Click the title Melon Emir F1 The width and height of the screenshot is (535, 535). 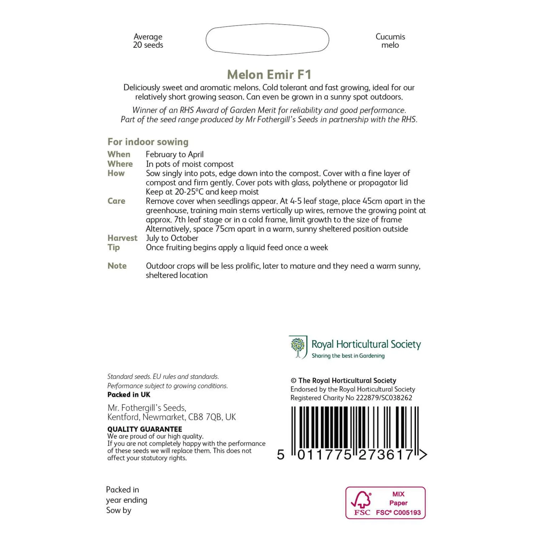pos(269,75)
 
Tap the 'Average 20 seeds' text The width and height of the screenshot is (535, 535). pos(148,41)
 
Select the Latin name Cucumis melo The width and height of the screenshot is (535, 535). pos(390,41)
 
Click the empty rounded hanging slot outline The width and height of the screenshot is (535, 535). pos(267,40)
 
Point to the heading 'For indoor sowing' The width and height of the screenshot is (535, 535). pos(148,142)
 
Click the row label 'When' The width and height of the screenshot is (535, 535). pos(119,154)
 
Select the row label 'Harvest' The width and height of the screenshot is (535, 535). pos(122,238)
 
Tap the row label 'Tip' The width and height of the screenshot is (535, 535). pos(114,247)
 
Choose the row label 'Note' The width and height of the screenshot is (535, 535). pos(117,266)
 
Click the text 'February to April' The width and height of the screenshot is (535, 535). pos(175,154)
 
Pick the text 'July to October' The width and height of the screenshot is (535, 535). pos(172,238)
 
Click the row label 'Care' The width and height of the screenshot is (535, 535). pos(116,201)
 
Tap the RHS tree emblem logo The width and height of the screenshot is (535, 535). pos(298,347)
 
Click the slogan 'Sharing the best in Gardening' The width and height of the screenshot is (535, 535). pos(348,356)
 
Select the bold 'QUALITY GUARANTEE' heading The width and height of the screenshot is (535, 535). pos(145,429)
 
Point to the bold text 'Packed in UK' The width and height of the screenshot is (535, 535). pos(129,394)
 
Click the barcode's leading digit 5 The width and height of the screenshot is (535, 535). pos(281,455)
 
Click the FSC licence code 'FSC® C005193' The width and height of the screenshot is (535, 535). pos(398,513)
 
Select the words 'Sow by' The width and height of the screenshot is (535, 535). pos(119,510)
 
